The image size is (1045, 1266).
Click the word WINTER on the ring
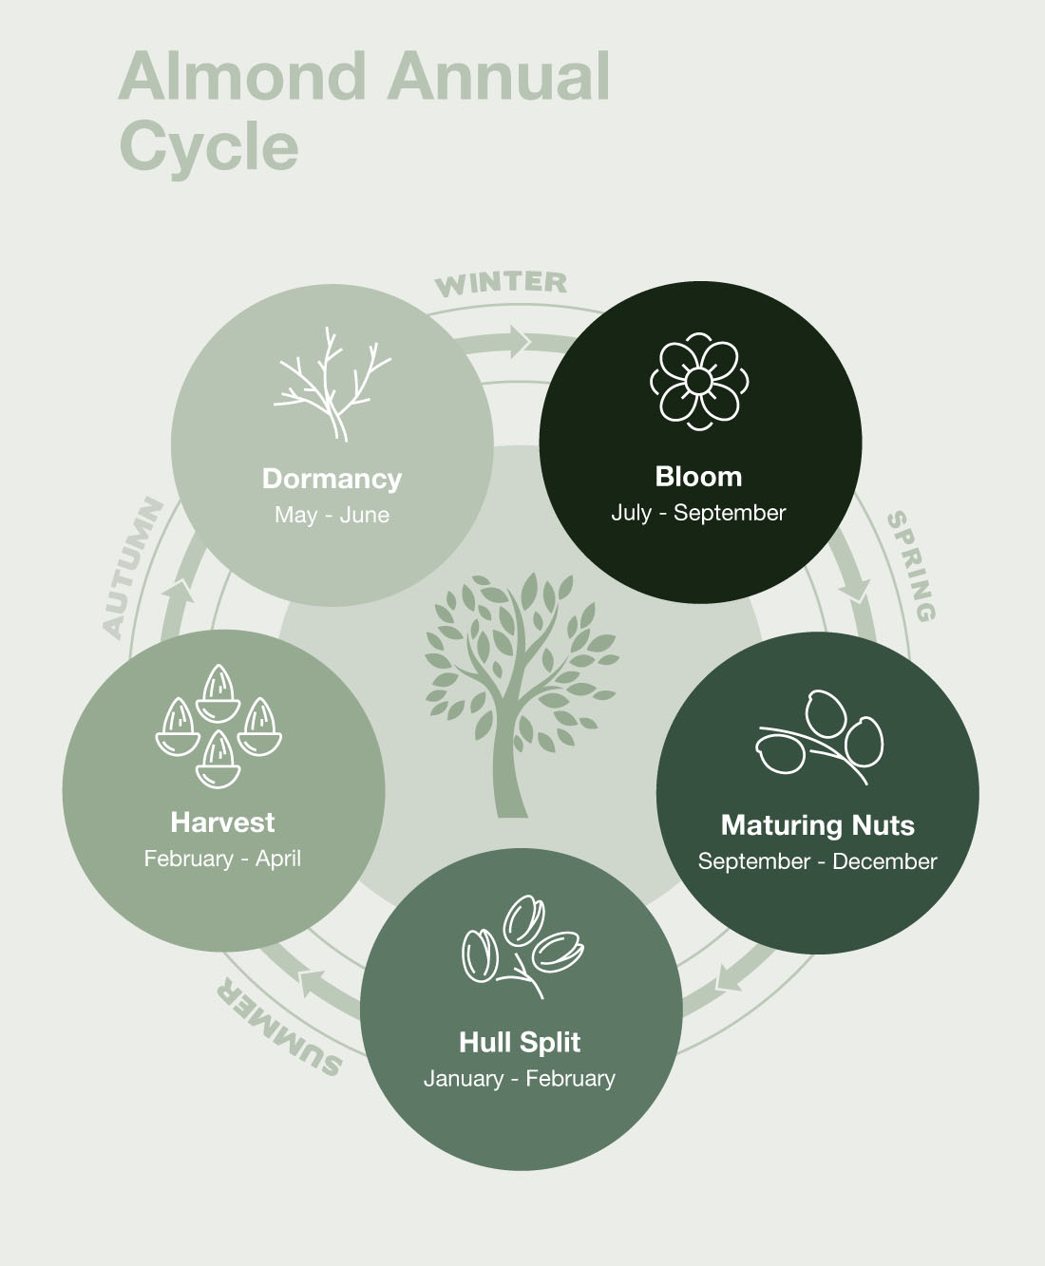(501, 283)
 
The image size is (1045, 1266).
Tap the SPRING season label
(911, 566)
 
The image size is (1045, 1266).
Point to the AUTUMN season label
(132, 567)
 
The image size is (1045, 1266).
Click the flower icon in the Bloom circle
(699, 381)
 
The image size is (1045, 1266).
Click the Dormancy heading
(332, 479)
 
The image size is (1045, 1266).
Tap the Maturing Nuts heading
(817, 825)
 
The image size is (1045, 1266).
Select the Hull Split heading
(520, 1043)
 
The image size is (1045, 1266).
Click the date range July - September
(698, 513)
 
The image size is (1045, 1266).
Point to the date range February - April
(222, 859)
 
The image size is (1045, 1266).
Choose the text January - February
(520, 1079)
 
